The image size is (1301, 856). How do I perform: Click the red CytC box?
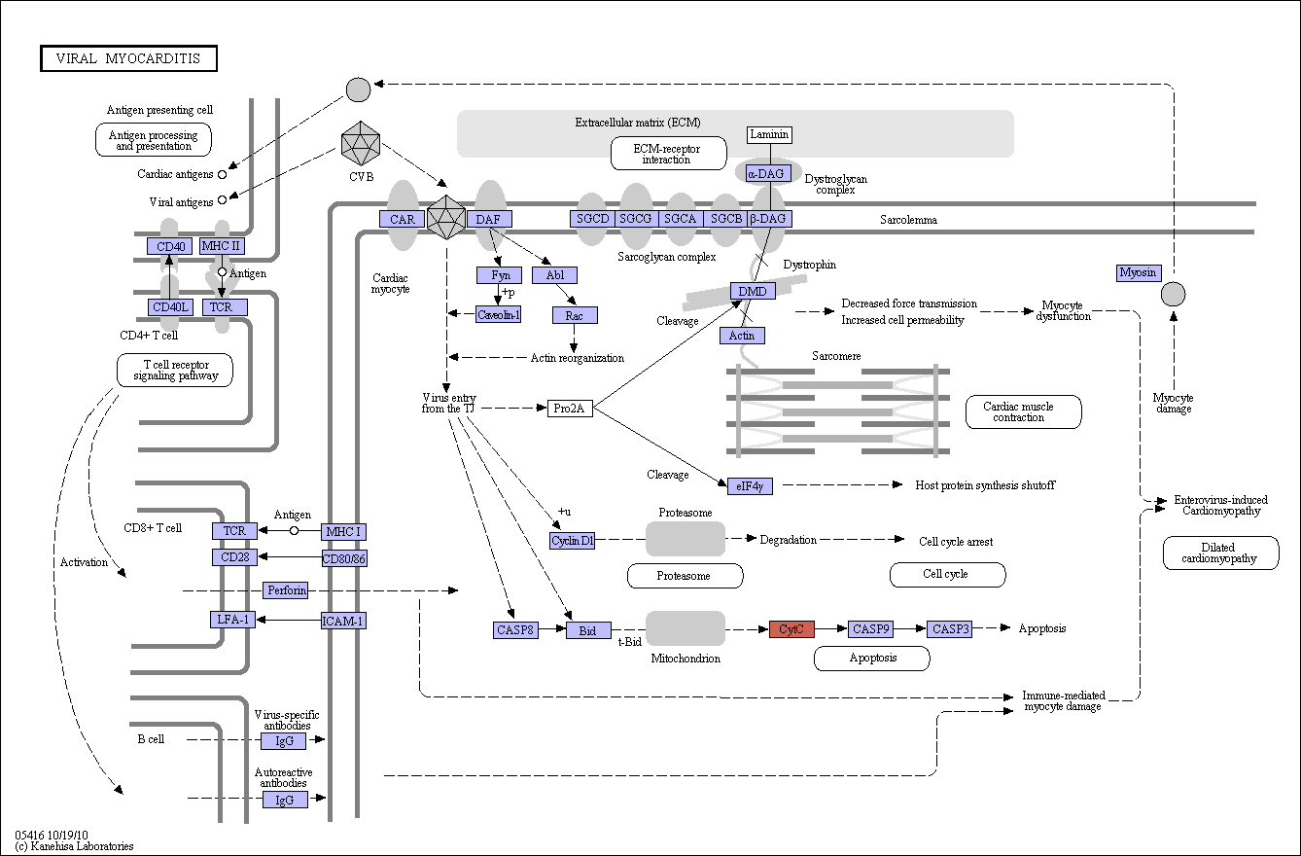(x=791, y=628)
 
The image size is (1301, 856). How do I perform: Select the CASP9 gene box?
(x=870, y=628)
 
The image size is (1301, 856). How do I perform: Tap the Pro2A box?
(x=570, y=409)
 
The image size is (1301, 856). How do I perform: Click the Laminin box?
(x=769, y=135)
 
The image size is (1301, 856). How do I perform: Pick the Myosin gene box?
(x=1139, y=272)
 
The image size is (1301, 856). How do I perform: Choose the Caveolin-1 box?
(x=499, y=314)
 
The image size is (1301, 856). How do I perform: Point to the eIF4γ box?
(x=750, y=485)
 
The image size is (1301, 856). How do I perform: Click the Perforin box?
(x=286, y=590)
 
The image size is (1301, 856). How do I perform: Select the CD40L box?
(x=171, y=306)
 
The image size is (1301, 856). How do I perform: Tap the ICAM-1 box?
(x=343, y=621)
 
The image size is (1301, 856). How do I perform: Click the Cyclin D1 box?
(x=572, y=541)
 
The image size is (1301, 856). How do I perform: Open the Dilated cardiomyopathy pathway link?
(x=1221, y=553)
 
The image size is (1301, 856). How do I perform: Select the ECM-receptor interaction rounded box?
(x=669, y=154)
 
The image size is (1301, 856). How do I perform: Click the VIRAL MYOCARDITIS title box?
(x=128, y=58)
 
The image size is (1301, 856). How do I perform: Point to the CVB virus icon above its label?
(x=361, y=143)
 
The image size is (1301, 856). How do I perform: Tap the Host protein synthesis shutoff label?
(x=985, y=485)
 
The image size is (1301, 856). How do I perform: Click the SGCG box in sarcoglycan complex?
(x=636, y=219)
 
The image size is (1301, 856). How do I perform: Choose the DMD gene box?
(x=753, y=291)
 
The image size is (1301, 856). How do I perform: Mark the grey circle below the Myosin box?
(x=1174, y=294)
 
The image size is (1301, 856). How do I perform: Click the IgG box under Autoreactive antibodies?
(x=285, y=801)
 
